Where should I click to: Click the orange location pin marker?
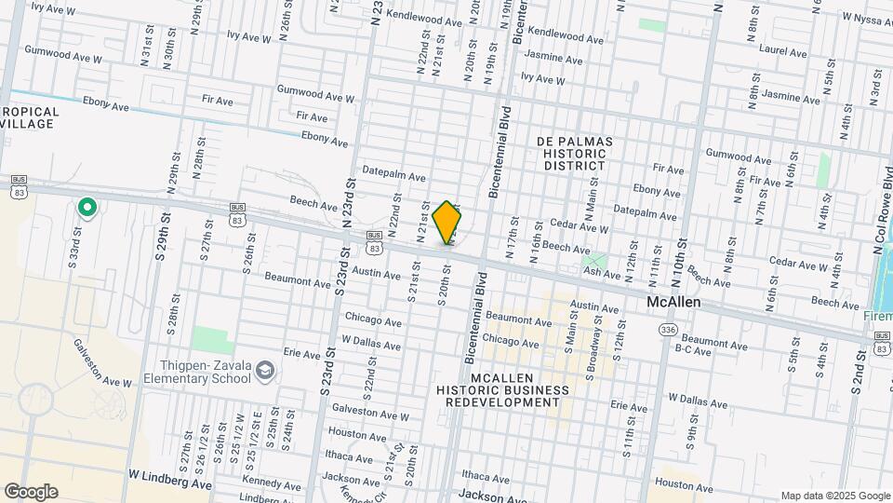point(446,222)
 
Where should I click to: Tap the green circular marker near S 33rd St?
point(87,207)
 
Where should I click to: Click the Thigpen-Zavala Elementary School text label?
point(196,373)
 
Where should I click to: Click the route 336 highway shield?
point(667,330)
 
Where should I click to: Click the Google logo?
point(31,492)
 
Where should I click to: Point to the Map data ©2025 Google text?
point(834,496)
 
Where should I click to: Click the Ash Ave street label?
point(601,274)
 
